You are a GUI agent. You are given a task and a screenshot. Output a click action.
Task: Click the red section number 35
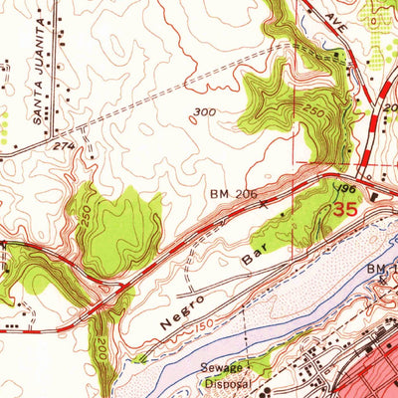[345, 210]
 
